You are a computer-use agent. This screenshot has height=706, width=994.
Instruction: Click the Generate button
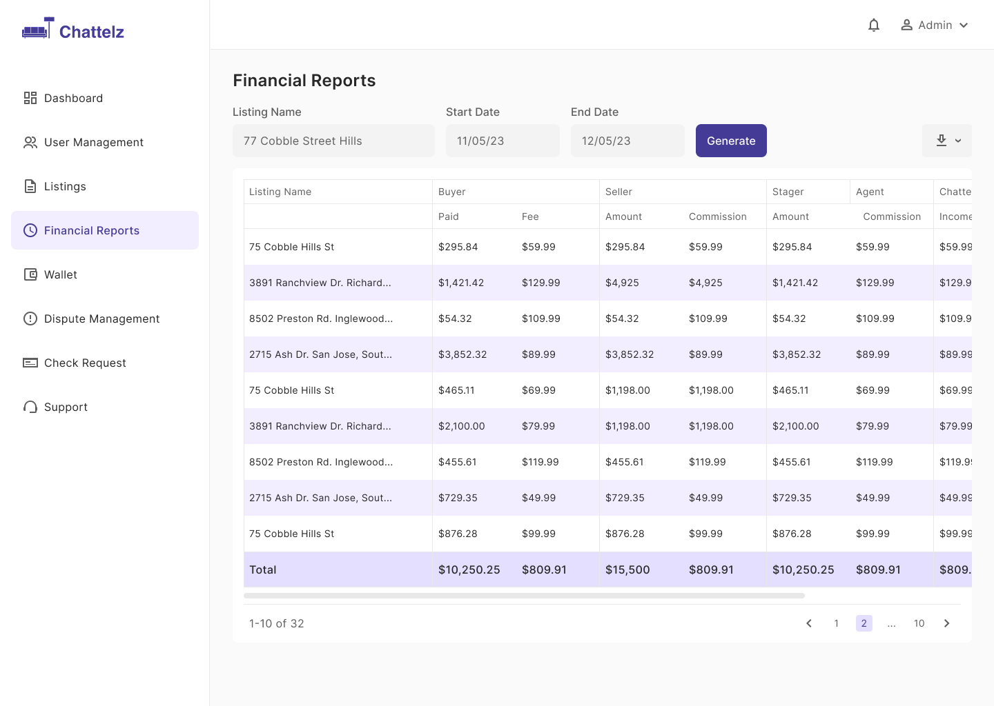point(731,141)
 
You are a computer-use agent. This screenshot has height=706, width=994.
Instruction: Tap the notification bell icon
point(873,26)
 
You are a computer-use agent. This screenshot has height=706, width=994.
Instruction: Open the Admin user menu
point(934,26)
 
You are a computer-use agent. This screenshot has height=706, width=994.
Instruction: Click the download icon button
point(946,141)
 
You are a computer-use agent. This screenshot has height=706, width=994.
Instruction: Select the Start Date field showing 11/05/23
point(503,141)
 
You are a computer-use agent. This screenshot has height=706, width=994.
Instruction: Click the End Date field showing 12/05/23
point(627,141)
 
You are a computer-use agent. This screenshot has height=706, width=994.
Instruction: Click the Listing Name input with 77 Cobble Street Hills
point(333,141)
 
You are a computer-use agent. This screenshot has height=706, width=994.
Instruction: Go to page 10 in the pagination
point(919,623)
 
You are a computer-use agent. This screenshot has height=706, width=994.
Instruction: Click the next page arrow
point(946,623)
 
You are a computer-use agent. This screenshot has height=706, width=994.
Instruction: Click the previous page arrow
point(809,623)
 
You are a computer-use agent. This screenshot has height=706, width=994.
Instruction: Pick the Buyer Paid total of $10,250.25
point(469,569)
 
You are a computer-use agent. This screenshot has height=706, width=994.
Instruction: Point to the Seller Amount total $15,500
point(627,569)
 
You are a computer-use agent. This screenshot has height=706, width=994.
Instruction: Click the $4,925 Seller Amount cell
point(622,283)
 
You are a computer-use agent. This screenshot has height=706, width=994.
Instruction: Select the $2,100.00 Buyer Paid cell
point(462,426)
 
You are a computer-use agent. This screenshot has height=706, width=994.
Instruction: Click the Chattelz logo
point(73,29)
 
